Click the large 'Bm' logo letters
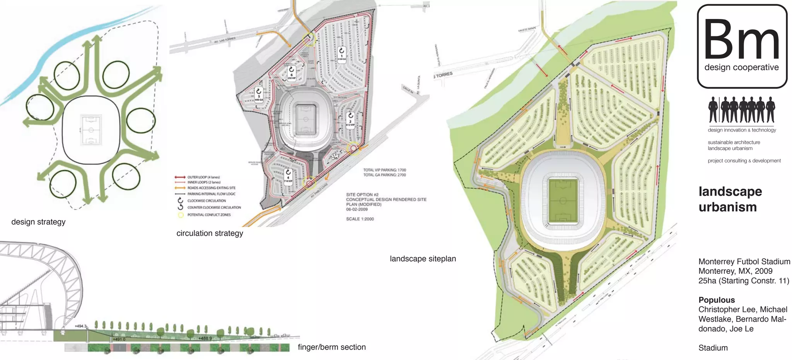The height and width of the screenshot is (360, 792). (741, 39)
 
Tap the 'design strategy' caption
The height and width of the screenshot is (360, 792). (38, 222)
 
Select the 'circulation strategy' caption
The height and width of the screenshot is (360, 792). (210, 233)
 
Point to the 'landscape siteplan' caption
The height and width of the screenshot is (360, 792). (423, 259)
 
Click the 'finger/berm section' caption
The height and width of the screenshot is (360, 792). (331, 347)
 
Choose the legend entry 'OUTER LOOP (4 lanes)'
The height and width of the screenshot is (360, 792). (203, 177)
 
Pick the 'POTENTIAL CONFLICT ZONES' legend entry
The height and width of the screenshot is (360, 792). (209, 215)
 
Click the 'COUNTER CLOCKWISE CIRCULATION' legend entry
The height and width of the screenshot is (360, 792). (214, 208)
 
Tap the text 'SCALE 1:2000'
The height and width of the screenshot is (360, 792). (360, 219)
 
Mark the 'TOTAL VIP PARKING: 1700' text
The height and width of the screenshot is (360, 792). (384, 170)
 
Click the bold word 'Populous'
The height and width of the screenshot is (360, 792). (716, 300)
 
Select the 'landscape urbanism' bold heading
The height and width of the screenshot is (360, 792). (730, 199)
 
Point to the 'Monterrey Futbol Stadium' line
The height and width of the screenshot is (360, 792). (744, 262)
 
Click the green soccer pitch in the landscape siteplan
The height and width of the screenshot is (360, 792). (563, 201)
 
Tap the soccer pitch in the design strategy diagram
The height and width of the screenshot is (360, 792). (91, 130)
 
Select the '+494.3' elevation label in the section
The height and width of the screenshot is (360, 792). (80, 326)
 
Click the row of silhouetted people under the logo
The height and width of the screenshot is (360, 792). (741, 110)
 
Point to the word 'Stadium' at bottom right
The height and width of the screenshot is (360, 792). (713, 348)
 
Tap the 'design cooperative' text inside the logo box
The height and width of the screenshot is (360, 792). (741, 67)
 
